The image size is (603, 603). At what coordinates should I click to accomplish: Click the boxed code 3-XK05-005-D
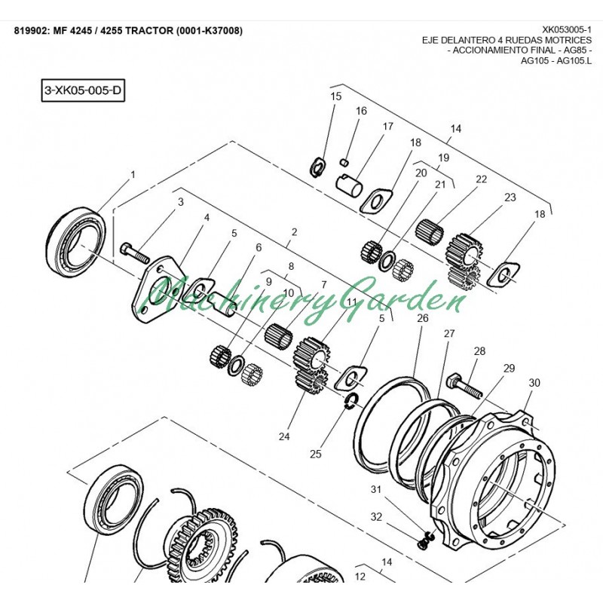tap(83, 90)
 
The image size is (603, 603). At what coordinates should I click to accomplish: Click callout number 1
tap(133, 174)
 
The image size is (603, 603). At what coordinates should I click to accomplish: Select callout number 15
tap(336, 96)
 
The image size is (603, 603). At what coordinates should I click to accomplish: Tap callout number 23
tap(510, 197)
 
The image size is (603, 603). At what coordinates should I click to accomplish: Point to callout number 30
tap(534, 383)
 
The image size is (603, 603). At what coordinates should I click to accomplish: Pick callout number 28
tap(479, 351)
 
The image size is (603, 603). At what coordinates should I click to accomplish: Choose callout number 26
tap(423, 318)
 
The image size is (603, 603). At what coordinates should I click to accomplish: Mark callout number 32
tap(376, 517)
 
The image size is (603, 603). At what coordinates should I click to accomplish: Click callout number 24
tap(284, 436)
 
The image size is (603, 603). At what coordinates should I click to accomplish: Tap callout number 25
tap(315, 454)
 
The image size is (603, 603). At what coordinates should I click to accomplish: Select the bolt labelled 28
tap(465, 385)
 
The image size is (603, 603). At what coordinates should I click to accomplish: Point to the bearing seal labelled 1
tap(75, 236)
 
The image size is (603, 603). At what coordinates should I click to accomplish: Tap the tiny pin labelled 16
tap(344, 160)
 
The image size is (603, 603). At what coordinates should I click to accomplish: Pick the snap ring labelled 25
tap(350, 402)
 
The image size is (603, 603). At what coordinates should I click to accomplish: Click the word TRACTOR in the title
tap(148, 31)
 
